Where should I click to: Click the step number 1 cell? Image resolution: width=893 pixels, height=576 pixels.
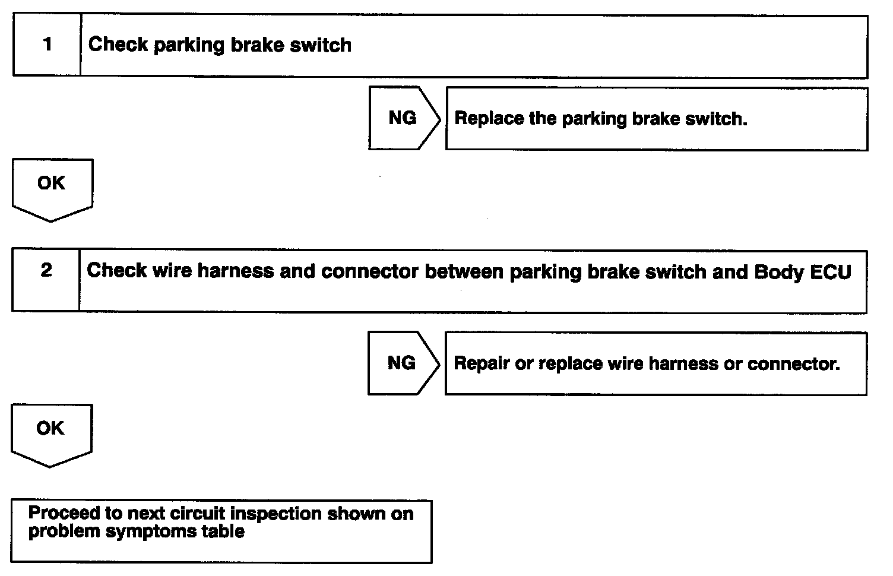(47, 45)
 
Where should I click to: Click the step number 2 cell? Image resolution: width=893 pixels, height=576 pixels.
(46, 280)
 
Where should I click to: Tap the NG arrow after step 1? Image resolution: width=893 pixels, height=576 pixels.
(403, 118)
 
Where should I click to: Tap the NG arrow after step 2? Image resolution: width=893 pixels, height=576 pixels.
(401, 363)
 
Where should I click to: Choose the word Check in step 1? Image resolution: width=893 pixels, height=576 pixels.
(118, 45)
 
